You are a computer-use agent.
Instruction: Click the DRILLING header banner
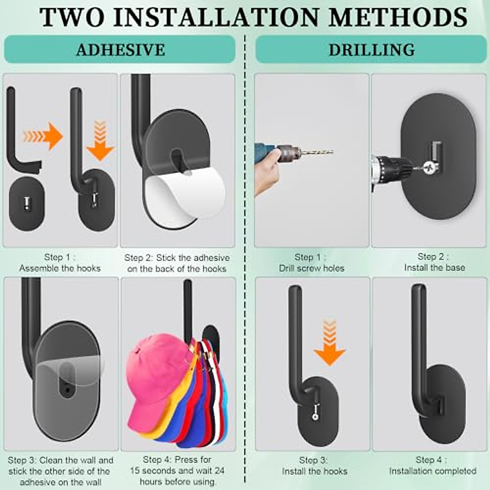tap(371, 49)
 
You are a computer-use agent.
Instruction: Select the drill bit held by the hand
tap(316, 152)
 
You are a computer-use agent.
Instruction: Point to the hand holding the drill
tap(267, 171)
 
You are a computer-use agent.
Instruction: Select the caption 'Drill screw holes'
tap(312, 268)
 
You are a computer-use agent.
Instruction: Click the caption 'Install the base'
tap(434, 267)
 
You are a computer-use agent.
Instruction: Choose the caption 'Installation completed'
tap(433, 471)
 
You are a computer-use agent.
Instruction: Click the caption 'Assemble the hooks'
tap(60, 268)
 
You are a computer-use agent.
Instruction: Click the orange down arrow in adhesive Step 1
tap(100, 141)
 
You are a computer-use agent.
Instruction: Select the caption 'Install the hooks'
tap(314, 471)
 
